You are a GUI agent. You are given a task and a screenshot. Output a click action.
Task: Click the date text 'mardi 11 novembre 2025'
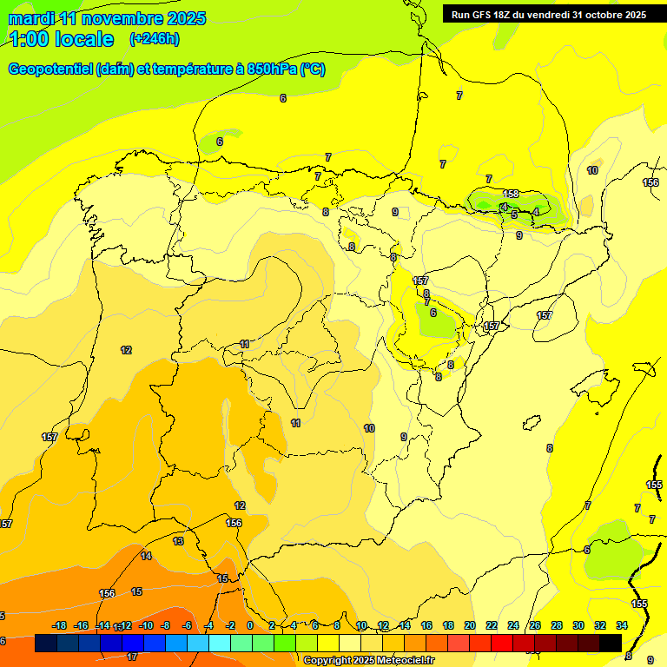(x=107, y=18)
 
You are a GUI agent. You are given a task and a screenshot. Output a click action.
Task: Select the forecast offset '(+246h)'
(x=155, y=39)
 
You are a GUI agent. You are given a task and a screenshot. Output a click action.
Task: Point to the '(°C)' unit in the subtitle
(x=313, y=69)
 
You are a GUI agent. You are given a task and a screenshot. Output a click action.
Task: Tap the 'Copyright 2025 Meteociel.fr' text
(x=368, y=661)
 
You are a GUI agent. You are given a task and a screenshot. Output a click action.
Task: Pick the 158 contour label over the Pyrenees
(x=511, y=194)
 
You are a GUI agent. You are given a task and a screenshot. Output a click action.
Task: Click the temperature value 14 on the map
(x=146, y=556)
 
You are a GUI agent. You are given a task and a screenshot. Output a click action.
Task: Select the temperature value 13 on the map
(x=178, y=541)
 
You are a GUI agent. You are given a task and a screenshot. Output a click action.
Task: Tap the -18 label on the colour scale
(x=60, y=625)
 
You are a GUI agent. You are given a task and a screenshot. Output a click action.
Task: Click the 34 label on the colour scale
(x=622, y=625)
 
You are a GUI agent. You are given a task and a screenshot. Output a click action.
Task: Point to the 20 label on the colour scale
(x=470, y=625)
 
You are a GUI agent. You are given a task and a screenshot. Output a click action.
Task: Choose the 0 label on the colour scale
(x=250, y=625)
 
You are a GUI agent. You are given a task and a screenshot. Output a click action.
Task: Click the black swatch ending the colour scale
(x=611, y=644)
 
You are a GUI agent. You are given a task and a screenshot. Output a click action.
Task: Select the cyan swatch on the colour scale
(x=220, y=644)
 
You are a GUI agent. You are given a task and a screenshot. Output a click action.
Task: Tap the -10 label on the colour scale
(x=147, y=625)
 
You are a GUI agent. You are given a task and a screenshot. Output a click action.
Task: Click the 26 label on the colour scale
(x=535, y=625)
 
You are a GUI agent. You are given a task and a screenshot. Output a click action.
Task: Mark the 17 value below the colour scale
(x=132, y=657)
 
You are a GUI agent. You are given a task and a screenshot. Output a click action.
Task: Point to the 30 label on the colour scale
(x=578, y=625)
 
